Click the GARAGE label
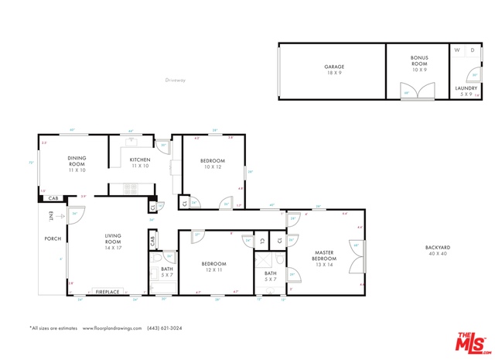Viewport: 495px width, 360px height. click(334, 67)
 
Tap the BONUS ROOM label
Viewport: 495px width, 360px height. click(419, 59)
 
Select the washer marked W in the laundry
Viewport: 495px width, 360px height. click(458, 50)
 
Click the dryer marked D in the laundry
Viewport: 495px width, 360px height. click(472, 50)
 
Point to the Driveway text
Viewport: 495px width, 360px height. click(176, 79)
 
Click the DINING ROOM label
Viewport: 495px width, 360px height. click(77, 162)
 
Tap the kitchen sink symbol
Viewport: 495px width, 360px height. click(131, 141)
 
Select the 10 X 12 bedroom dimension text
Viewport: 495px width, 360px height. click(213, 167)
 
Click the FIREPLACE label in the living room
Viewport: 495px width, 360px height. click(108, 293)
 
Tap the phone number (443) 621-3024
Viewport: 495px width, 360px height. click(166, 328)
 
